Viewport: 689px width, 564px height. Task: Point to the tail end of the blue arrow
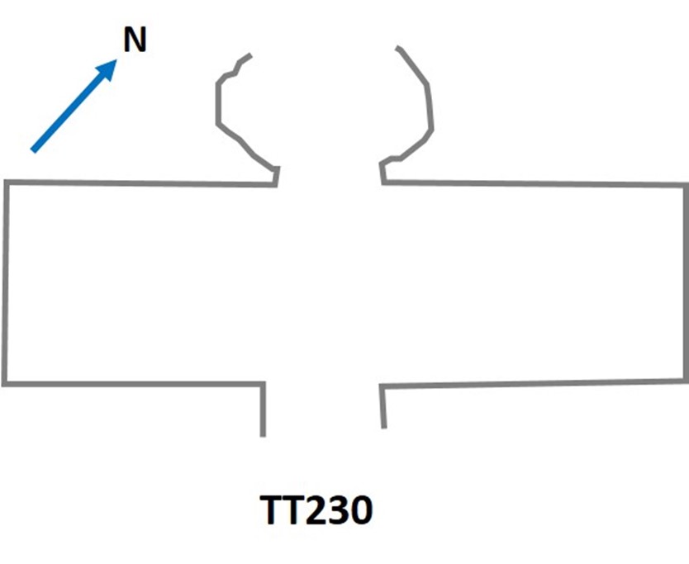click(x=33, y=150)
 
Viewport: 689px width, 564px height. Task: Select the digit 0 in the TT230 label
click(x=358, y=511)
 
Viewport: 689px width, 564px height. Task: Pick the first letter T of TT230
click(x=273, y=511)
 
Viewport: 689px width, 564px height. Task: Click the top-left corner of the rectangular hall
click(x=7, y=182)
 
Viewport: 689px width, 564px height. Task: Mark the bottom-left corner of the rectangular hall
click(x=5, y=383)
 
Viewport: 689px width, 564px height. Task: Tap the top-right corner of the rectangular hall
click(x=686, y=183)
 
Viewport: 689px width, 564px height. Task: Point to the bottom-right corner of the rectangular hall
click(x=686, y=381)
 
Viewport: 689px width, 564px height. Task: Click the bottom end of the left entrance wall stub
click(x=264, y=434)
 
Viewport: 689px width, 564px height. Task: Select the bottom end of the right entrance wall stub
click(x=384, y=426)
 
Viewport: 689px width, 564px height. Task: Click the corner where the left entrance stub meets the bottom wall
click(x=264, y=383)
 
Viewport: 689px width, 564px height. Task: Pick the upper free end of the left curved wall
click(x=250, y=55)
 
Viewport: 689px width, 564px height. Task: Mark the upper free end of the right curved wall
click(x=397, y=48)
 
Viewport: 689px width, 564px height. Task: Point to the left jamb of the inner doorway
click(x=276, y=176)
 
